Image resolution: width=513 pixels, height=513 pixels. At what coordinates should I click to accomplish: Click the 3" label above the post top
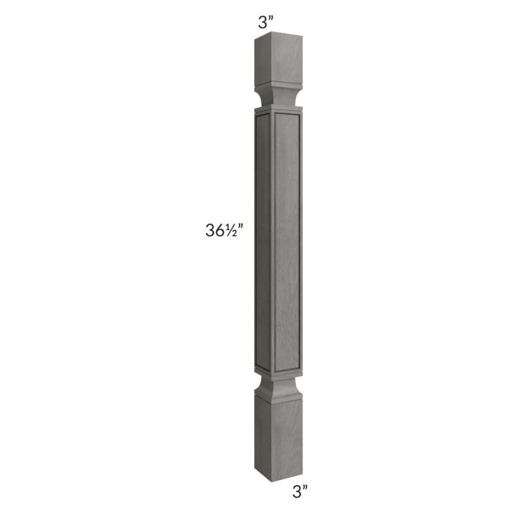[x=265, y=21]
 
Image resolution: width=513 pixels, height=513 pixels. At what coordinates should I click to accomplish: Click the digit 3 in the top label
[x=262, y=22]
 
